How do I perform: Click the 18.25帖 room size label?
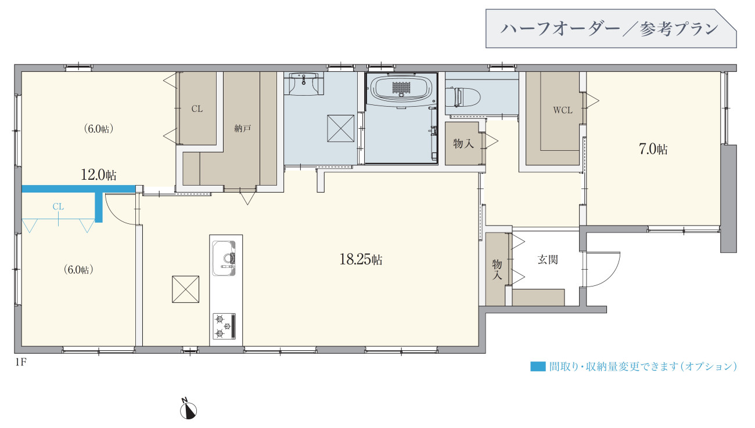point(361,259)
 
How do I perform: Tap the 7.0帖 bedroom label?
point(653,148)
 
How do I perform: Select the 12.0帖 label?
point(98,175)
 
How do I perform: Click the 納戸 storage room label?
point(243,128)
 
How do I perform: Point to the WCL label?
point(563,110)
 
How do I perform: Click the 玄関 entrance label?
point(548,259)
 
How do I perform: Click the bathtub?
point(401,88)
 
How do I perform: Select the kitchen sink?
point(224,259)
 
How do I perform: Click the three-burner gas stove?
point(224,326)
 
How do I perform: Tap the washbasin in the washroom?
point(303,83)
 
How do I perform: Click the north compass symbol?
point(188,410)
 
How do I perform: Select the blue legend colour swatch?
point(538,367)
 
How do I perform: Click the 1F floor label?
point(20,362)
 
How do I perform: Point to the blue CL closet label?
point(58,206)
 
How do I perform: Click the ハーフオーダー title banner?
point(611,28)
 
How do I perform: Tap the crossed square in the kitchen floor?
point(185,289)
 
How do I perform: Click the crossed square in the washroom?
point(341,129)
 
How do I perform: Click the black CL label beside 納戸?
point(197,108)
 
